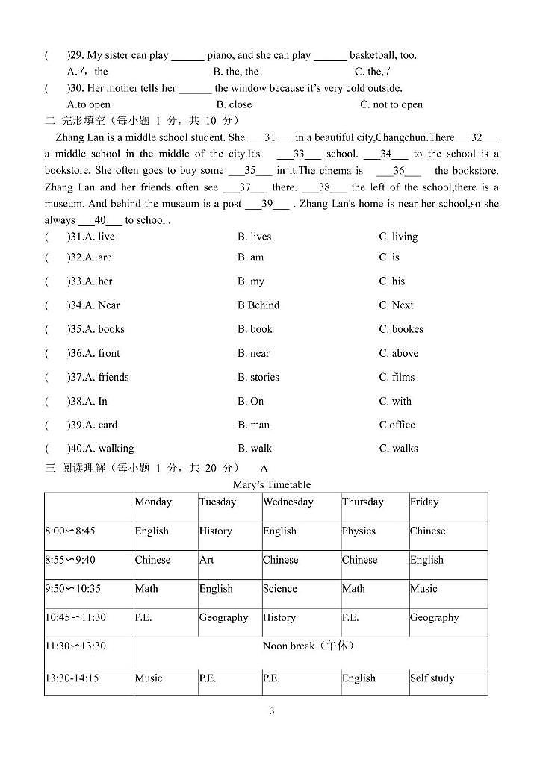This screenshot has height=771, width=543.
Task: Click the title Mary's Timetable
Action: [271, 485]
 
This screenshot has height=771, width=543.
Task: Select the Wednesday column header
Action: [288, 502]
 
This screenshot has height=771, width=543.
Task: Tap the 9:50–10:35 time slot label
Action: [72, 589]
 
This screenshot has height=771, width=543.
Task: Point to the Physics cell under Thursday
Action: [359, 531]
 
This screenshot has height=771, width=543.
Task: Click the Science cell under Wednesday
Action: [280, 589]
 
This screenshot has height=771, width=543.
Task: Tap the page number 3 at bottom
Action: [271, 711]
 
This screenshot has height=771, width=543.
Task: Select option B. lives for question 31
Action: [254, 237]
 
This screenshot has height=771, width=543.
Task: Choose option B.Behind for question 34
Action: [258, 305]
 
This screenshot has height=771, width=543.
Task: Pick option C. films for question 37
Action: [397, 377]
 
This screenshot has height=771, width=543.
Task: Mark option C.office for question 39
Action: [397, 425]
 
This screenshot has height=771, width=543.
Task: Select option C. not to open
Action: [391, 105]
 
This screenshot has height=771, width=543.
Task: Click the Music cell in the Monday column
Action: [148, 678]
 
